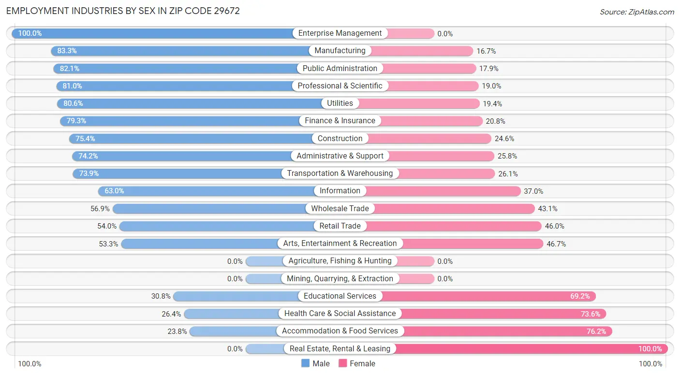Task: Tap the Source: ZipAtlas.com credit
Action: [x=636, y=12]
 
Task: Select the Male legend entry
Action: [x=315, y=363]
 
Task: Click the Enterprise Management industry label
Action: [x=340, y=33]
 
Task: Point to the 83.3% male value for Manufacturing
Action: [x=67, y=51]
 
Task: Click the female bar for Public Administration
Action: [x=429, y=69]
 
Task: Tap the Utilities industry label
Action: [x=340, y=103]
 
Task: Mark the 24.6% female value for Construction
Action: [x=504, y=139]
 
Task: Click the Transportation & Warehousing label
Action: [x=340, y=173]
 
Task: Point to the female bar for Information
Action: [x=443, y=191]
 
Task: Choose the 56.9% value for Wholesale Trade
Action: [x=100, y=209]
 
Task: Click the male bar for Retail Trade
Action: [x=218, y=226]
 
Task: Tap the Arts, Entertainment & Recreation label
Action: [x=340, y=244]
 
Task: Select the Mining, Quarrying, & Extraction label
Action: [x=340, y=279]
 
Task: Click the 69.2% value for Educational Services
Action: [x=580, y=296]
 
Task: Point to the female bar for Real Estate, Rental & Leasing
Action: [x=532, y=348]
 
